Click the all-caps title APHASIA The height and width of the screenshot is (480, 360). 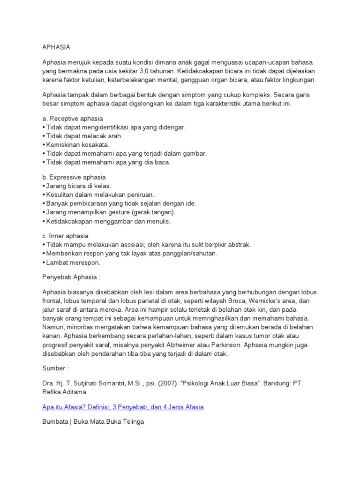56,47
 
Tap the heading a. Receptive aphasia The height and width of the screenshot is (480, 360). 73,119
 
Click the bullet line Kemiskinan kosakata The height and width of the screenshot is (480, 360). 77,144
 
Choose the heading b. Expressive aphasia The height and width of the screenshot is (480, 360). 74,178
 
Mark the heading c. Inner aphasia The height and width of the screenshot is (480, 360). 65,236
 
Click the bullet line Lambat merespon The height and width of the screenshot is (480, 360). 73,262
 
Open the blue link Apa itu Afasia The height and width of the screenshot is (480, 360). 123,407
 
